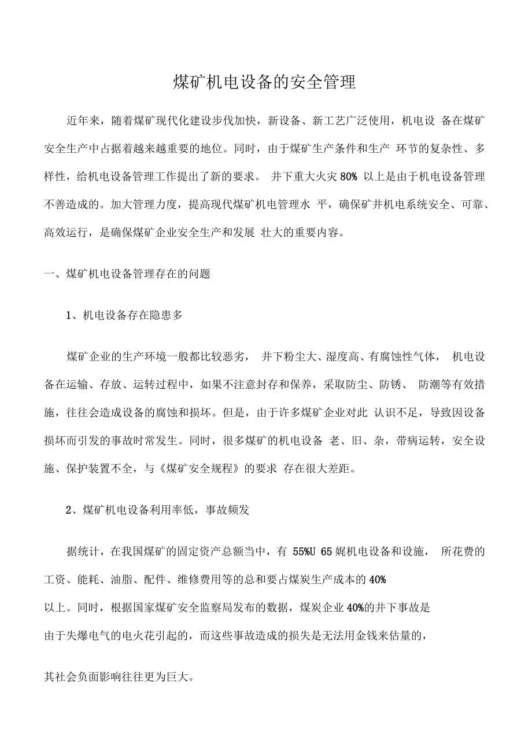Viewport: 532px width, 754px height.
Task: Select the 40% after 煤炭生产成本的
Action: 377,579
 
